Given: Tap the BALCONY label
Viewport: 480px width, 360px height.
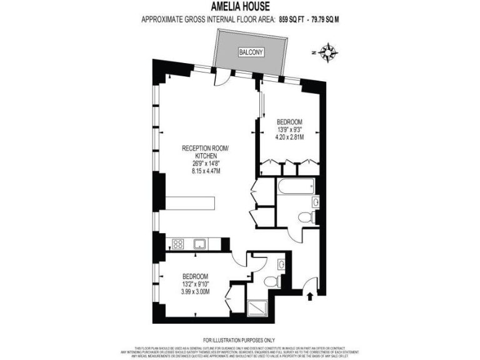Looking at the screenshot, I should pyautogui.click(x=252, y=52).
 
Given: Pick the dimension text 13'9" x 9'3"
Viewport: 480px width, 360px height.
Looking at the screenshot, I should pyautogui.click(x=289, y=130).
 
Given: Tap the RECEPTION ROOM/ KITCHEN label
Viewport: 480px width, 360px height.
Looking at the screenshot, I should pyautogui.click(x=206, y=152).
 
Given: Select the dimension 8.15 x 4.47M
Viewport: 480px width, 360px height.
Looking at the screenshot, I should pyautogui.click(x=206, y=170).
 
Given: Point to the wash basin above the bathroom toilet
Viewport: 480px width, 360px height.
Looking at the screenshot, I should pyautogui.click(x=316, y=201).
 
